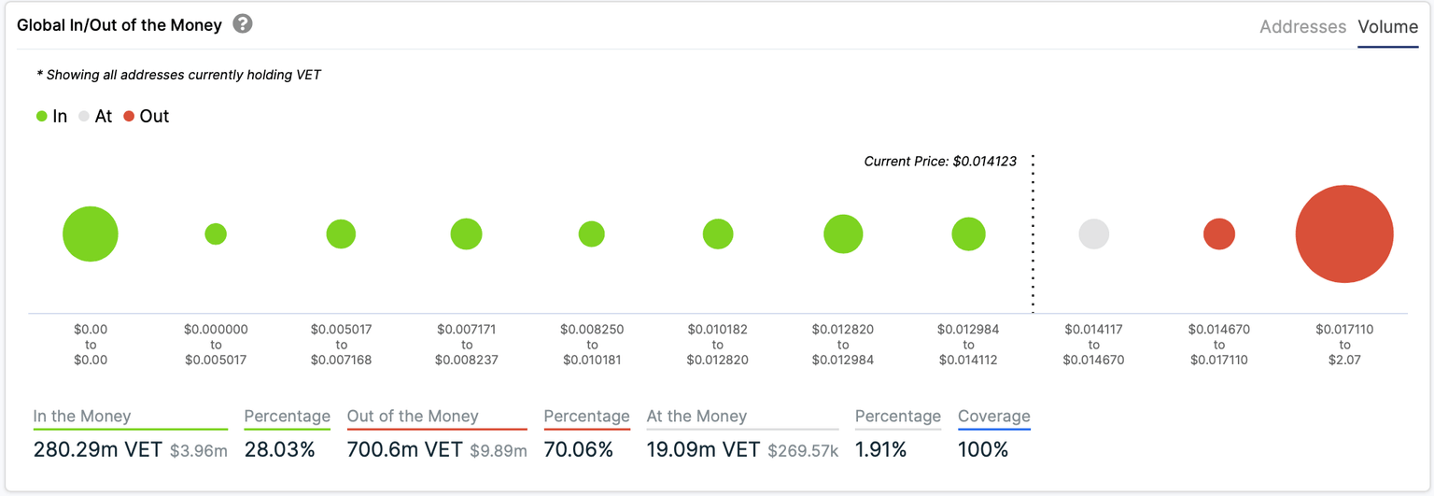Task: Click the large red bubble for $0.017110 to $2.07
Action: click(1343, 234)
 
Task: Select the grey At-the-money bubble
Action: click(1093, 234)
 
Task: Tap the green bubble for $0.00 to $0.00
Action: click(91, 234)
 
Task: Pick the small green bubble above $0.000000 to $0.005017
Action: click(216, 234)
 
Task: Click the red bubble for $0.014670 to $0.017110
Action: click(1218, 234)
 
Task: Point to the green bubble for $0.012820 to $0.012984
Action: click(843, 234)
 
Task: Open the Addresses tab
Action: click(1302, 27)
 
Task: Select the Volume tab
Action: click(1387, 27)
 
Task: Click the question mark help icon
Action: click(243, 24)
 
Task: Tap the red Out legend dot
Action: click(129, 117)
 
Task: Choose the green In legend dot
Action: click(41, 117)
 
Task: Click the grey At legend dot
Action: click(84, 117)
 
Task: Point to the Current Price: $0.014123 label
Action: click(940, 162)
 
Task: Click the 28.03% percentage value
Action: click(279, 449)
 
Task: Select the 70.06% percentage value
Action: click(578, 449)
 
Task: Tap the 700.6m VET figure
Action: click(404, 449)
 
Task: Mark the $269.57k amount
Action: click(803, 451)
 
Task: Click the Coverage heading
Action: click(993, 417)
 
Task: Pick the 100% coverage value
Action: click(983, 449)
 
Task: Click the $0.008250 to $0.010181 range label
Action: click(591, 345)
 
